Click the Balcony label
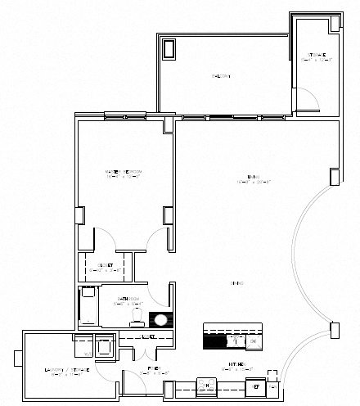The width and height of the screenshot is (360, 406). click(221, 76)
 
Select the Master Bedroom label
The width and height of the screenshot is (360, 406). click(124, 173)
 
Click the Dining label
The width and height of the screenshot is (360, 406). click(239, 283)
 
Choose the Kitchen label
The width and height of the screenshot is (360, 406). click(239, 368)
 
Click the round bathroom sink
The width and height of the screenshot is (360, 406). click(162, 320)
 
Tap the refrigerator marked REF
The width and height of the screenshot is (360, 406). click(257, 386)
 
